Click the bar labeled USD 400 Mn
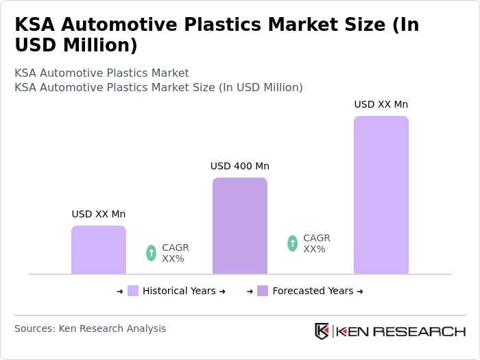(240, 226)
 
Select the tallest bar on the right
(381, 195)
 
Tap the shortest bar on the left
(99, 250)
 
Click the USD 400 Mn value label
(240, 166)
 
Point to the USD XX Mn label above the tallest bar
(381, 104)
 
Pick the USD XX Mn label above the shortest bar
(99, 214)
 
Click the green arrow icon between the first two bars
(152, 253)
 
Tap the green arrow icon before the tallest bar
(293, 243)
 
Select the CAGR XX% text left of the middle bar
(176, 253)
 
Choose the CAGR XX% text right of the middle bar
(317, 243)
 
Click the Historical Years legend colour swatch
(133, 291)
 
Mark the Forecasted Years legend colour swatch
(263, 291)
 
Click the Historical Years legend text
(179, 291)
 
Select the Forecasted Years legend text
(313, 291)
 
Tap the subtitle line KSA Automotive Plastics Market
(101, 73)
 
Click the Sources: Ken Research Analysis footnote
(90, 328)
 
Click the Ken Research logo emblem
(322, 331)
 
